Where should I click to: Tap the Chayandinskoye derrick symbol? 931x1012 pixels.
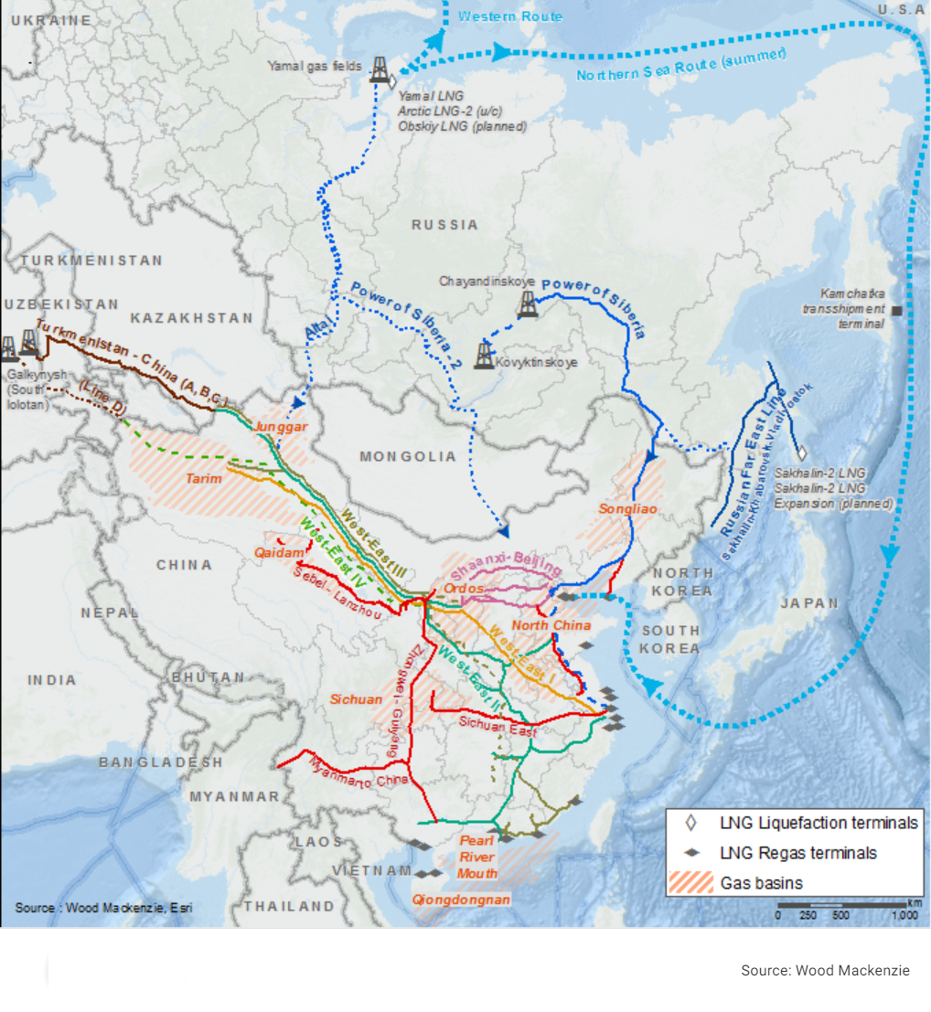pos(528,304)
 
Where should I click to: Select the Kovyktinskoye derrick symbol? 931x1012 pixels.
pos(484,355)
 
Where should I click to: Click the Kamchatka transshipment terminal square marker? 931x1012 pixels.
pos(897,311)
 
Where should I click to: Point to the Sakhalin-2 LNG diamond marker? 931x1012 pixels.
pos(801,453)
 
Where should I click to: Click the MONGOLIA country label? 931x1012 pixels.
pos(408,456)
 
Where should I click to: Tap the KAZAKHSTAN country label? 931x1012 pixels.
pos(191,318)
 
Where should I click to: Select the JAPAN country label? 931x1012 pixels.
pos(809,603)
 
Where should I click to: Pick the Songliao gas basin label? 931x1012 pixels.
pos(628,508)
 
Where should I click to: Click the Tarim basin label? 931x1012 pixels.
pos(204,478)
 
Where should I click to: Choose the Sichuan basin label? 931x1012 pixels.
pos(356,699)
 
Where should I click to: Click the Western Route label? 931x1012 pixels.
pos(510,16)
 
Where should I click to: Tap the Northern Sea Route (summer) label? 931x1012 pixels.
pos(681,65)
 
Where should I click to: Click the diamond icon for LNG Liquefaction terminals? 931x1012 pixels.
pos(691,823)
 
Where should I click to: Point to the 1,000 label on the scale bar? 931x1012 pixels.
pos(904,915)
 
